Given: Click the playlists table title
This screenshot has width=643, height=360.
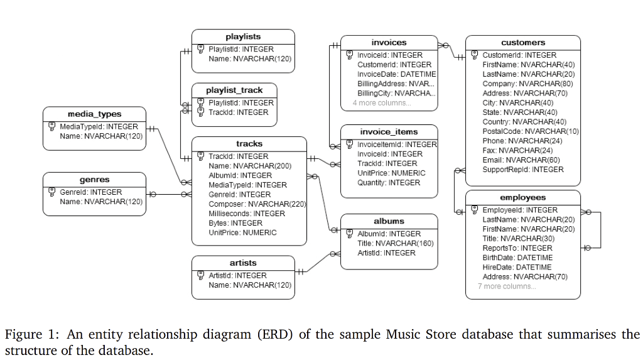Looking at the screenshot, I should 243,36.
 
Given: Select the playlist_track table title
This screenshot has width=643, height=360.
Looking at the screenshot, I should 234,90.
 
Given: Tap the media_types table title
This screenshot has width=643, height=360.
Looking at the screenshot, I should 94,114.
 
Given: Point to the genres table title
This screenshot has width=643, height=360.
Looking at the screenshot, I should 94,180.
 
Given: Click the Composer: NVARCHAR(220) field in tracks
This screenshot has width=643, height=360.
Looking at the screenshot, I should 257,204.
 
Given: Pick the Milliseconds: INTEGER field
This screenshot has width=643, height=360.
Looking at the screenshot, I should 247,214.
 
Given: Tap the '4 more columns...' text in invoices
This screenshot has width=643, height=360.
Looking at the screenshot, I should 382,103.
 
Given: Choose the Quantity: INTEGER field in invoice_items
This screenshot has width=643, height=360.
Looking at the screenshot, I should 389,183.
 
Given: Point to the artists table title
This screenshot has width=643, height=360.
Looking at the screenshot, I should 243,263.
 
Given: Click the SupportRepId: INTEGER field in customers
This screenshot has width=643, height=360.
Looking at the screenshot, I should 523,170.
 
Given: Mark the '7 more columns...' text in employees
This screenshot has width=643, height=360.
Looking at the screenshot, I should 507,286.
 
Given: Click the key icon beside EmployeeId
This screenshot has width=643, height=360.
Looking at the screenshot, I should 475,210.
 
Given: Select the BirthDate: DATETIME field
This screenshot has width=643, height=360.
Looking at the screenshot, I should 517,258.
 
